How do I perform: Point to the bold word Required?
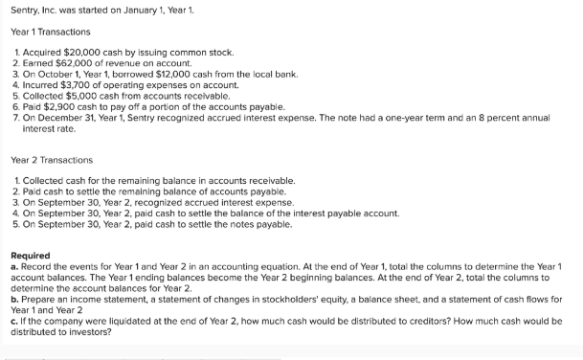click(31, 255)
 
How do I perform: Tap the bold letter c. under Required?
click(14, 324)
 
